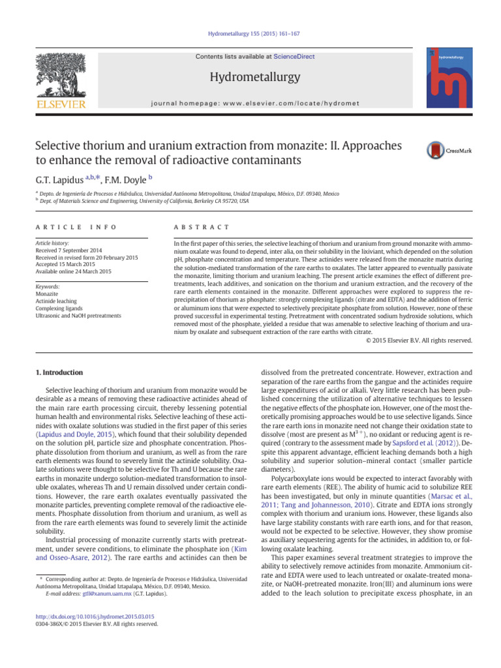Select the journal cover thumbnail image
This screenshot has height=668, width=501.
449,78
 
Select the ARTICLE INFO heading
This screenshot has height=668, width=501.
74,226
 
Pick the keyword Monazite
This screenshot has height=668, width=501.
48,294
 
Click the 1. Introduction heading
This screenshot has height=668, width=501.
59,372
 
